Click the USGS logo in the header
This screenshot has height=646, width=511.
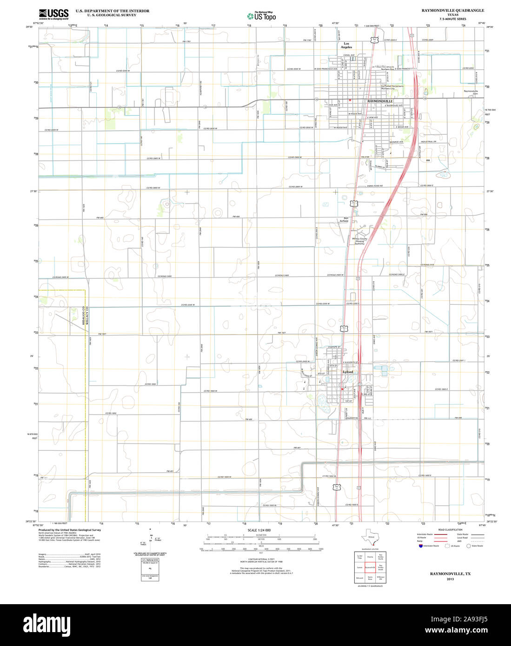pos(53,13)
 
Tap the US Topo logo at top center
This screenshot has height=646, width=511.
pos(261,16)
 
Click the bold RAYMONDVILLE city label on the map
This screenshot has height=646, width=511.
pos(380,101)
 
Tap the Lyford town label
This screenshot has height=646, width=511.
pos(348,372)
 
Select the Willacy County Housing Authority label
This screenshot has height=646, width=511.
pos(360,241)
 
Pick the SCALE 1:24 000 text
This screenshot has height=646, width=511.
pos(259,530)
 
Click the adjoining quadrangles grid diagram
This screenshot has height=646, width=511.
pos(370,567)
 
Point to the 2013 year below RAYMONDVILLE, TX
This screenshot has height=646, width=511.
pos(450,579)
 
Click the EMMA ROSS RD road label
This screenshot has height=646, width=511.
pos(375,186)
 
